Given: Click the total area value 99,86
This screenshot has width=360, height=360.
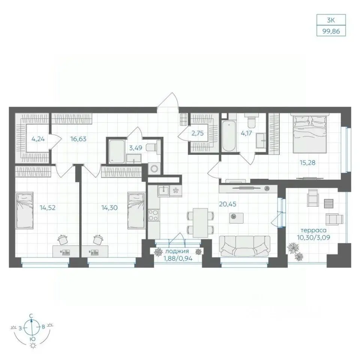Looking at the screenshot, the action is (331, 31).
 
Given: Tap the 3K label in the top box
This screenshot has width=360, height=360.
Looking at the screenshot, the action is (331, 20).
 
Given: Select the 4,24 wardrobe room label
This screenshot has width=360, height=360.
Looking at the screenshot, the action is (38, 139).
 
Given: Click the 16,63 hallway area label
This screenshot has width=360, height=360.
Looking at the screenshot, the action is (78, 139).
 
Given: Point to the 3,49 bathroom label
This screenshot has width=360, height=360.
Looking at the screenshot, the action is (135, 148).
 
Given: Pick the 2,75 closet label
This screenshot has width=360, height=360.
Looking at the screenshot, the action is (198, 133).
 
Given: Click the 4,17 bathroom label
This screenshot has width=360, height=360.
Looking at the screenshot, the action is (246, 133).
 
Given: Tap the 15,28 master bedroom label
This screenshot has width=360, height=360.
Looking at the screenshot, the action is (307, 162).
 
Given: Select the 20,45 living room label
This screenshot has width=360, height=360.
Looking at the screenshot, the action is (228, 204).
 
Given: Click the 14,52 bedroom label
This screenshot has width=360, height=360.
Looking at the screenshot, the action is (48, 208).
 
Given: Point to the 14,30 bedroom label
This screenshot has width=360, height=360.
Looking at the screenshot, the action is (109, 208).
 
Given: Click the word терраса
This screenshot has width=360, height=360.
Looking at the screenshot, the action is (313, 230).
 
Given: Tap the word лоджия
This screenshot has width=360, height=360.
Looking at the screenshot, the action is (177, 251).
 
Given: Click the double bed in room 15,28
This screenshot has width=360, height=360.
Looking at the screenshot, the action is (310, 134).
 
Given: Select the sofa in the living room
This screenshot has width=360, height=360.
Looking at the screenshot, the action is (245, 246).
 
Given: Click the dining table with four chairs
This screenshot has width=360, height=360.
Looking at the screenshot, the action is (200, 223).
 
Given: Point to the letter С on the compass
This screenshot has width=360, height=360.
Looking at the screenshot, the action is (31, 316).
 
